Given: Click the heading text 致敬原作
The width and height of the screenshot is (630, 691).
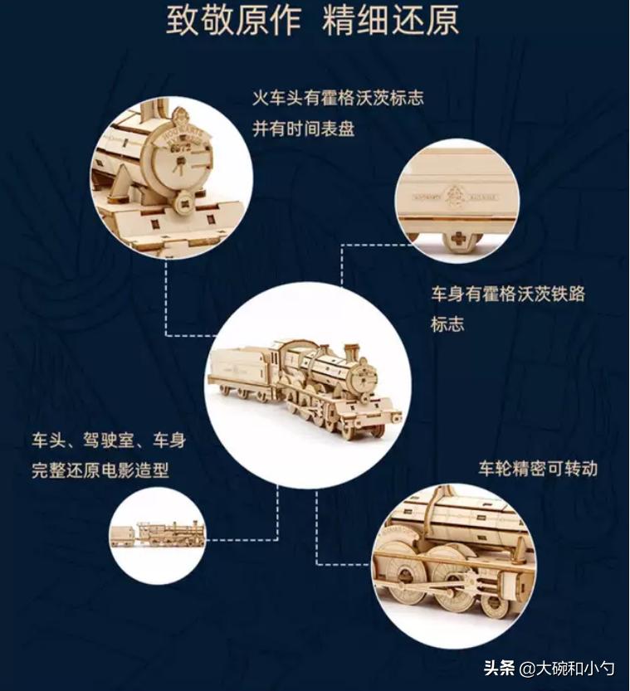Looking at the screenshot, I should pyautogui.click(x=232, y=22).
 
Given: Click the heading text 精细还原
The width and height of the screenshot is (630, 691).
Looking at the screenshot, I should pyautogui.click(x=391, y=22).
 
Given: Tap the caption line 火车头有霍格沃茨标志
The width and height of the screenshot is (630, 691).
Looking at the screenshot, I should pyautogui.click(x=339, y=98).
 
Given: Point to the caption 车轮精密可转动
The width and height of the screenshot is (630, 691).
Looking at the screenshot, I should pyautogui.click(x=538, y=468).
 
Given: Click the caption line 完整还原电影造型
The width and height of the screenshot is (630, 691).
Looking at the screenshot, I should pyautogui.click(x=100, y=471).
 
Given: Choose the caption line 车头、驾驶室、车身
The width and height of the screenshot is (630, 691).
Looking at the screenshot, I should pyautogui.click(x=108, y=440).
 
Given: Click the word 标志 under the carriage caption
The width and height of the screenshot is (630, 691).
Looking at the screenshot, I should pyautogui.click(x=447, y=324).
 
